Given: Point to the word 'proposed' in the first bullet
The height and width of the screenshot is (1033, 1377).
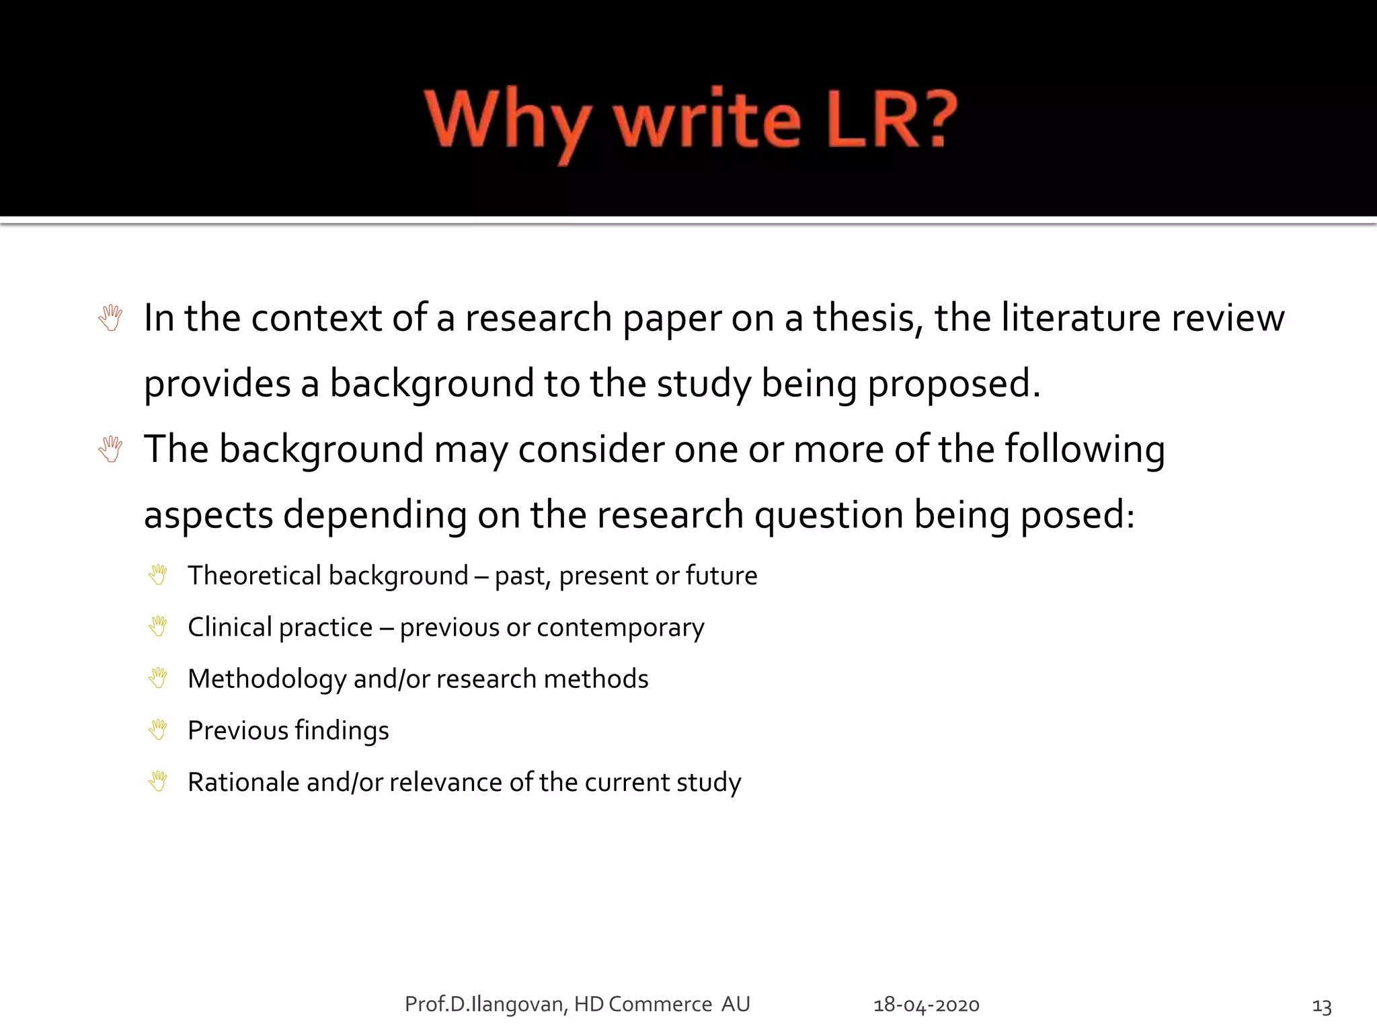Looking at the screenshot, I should (953, 383).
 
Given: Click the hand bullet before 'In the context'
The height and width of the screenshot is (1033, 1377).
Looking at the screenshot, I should (110, 318).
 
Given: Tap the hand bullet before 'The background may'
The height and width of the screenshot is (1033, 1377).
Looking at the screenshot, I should (110, 449).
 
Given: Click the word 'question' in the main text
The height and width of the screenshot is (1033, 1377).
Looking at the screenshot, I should (828, 515).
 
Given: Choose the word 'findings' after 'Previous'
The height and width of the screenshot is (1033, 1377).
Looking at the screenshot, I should (342, 731).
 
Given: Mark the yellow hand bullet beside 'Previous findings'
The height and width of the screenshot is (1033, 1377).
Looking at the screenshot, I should (158, 730).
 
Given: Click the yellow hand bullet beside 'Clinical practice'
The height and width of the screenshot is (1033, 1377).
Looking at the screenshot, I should (158, 626).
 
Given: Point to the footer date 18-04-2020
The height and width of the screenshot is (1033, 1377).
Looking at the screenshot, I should (926, 1005).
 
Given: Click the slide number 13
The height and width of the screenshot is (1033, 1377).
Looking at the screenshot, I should (1321, 1006).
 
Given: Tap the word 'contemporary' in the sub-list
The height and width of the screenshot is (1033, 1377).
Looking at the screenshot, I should (620, 627).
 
